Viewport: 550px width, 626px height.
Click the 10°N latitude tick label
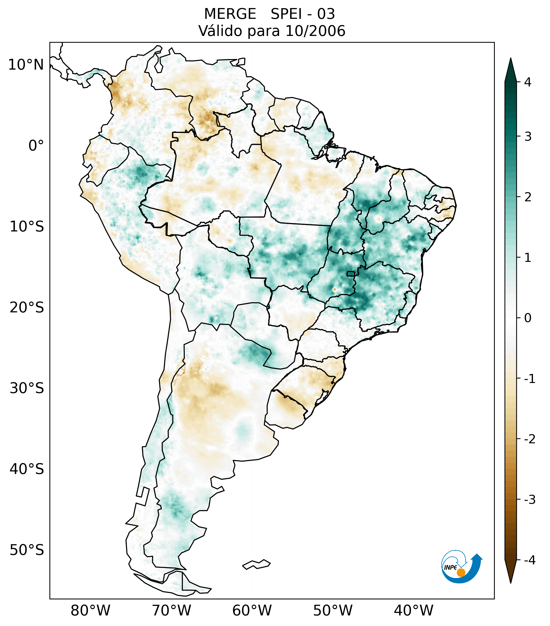pyautogui.click(x=26, y=65)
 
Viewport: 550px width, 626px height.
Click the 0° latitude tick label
pyautogui.click(x=36, y=146)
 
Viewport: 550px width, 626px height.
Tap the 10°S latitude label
pyautogui.click(x=27, y=227)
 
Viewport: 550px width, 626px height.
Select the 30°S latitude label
pyautogui.click(x=27, y=388)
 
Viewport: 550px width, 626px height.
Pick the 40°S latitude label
pyautogui.click(x=27, y=469)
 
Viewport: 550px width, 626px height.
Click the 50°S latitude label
pyautogui.click(x=27, y=550)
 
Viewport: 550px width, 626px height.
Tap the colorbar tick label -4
pyautogui.click(x=529, y=560)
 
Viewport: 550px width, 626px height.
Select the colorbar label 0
pyautogui.click(x=528, y=318)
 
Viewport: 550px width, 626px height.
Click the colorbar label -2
pyautogui.click(x=529, y=439)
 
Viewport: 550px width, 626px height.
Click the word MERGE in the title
pyautogui.click(x=230, y=14)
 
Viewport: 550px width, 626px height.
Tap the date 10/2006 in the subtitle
pyautogui.click(x=315, y=31)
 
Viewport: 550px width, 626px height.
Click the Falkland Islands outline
pyautogui.click(x=256, y=564)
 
